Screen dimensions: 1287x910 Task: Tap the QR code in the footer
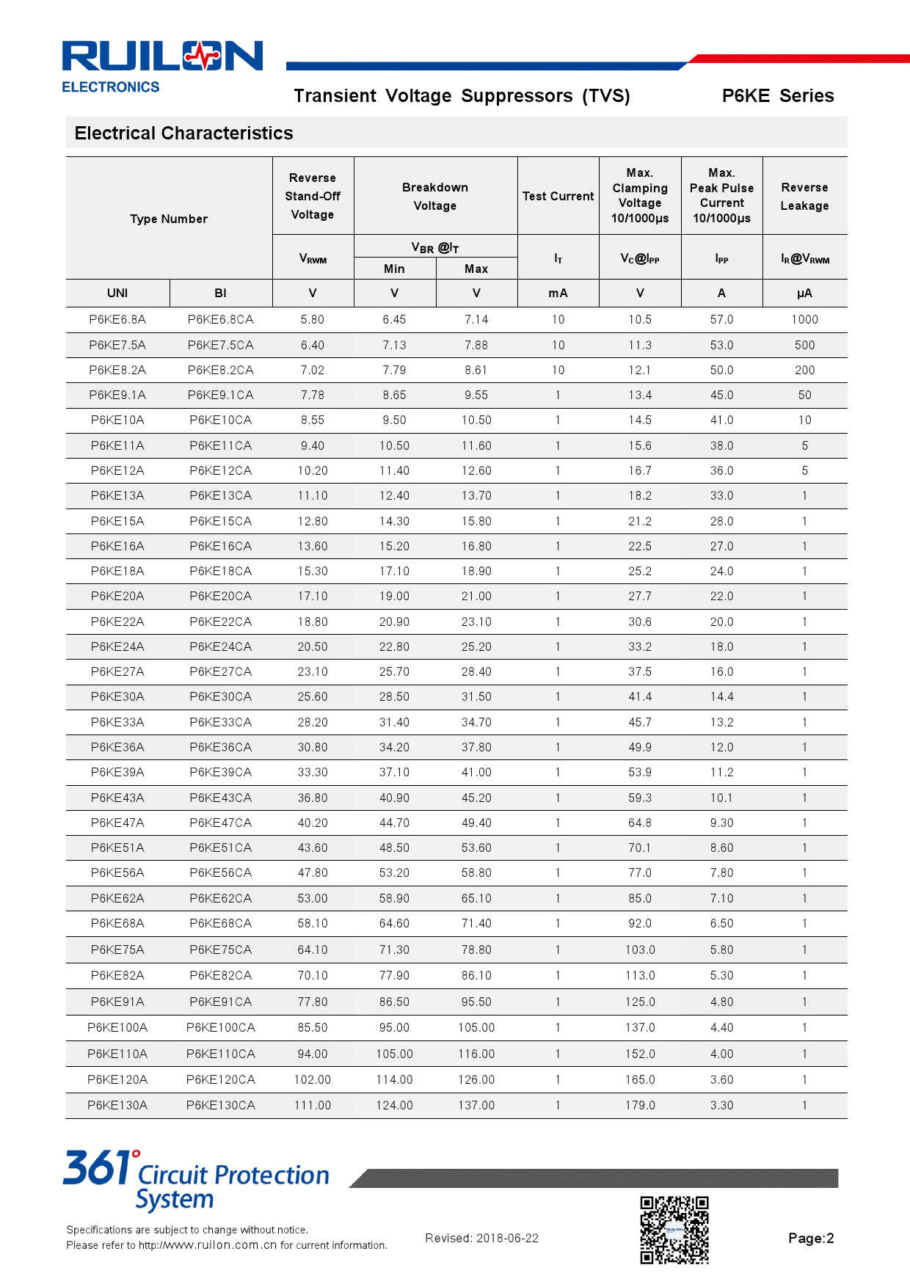point(674,1231)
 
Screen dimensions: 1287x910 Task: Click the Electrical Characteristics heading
point(183,134)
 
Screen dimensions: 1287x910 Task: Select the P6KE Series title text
point(778,96)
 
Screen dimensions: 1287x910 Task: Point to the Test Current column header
point(558,197)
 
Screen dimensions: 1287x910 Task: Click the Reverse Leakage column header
point(804,197)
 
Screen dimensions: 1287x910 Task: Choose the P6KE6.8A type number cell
point(117,320)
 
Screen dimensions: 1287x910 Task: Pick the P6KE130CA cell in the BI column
point(220,1106)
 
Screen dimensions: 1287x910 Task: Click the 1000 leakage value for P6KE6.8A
point(804,320)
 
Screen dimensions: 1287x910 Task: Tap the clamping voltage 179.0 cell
point(640,1106)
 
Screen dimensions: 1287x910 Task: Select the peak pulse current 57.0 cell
point(721,320)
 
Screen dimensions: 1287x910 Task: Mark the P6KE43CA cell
point(220,798)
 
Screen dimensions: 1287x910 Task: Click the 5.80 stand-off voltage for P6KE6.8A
point(313,320)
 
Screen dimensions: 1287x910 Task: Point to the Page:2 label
point(811,1239)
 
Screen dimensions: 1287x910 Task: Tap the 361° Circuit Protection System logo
point(196,1180)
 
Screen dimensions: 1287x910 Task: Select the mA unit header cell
point(558,294)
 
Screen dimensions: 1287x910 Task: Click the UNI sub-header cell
point(117,294)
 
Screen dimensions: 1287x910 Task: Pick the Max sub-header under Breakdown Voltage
point(476,269)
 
